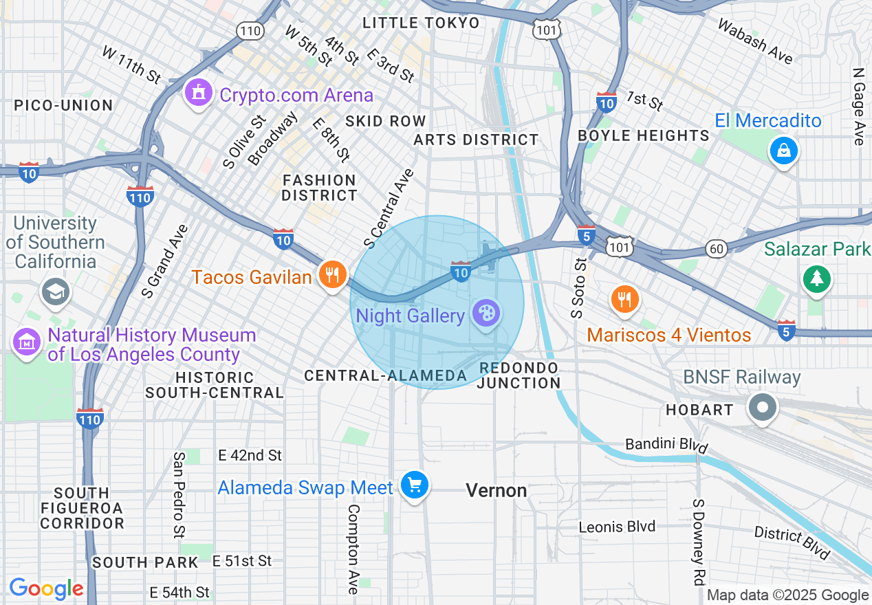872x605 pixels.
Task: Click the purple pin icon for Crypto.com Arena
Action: pyautogui.click(x=198, y=93)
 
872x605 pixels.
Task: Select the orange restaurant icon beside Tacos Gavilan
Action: pyautogui.click(x=332, y=275)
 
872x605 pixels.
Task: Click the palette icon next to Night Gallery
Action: pyautogui.click(x=486, y=314)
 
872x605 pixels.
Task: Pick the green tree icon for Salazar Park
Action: pyautogui.click(x=816, y=278)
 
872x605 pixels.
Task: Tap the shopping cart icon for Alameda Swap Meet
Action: pyautogui.click(x=414, y=486)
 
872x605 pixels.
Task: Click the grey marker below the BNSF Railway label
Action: pyautogui.click(x=762, y=408)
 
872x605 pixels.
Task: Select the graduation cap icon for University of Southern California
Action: pyautogui.click(x=56, y=292)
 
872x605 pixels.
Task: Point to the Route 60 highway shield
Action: pyautogui.click(x=717, y=248)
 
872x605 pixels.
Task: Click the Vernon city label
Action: pyautogui.click(x=497, y=490)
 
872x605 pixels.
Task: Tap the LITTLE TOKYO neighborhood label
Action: pyautogui.click(x=421, y=23)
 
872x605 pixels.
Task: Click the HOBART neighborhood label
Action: pyautogui.click(x=699, y=410)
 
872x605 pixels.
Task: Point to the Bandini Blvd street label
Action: pyautogui.click(x=666, y=445)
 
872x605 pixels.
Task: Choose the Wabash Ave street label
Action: pyautogui.click(x=755, y=41)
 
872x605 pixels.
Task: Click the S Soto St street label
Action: pyautogui.click(x=580, y=287)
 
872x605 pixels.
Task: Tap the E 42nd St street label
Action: pyautogui.click(x=250, y=455)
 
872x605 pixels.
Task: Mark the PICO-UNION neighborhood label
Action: pyautogui.click(x=63, y=105)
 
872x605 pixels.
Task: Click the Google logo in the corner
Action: pyautogui.click(x=46, y=588)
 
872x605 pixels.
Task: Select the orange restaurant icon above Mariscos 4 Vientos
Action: pyautogui.click(x=624, y=299)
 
